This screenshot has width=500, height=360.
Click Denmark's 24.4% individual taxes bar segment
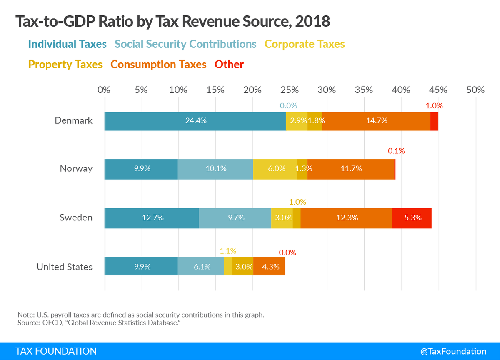tap(195, 121)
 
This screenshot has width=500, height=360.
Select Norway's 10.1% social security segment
tap(215, 169)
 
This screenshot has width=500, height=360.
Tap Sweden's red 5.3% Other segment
tap(412, 217)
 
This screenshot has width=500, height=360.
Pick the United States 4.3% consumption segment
tap(269, 266)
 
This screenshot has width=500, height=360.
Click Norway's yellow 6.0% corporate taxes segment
tap(275, 169)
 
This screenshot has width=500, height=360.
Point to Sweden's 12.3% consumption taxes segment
tap(346, 217)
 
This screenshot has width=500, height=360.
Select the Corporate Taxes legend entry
tap(305, 44)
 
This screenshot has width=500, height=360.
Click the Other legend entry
tap(229, 65)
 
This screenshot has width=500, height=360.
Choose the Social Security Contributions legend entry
tap(185, 44)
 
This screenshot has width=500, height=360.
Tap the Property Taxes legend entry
tap(65, 65)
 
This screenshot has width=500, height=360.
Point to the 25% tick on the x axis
tap(290, 90)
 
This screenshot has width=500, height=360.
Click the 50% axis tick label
tap(475, 90)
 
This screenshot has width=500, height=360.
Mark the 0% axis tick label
tap(104, 90)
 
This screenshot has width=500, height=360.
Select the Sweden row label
tap(76, 218)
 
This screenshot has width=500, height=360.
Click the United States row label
tap(65, 267)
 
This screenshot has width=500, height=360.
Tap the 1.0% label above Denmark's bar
tap(434, 106)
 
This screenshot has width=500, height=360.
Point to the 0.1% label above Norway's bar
tap(396, 151)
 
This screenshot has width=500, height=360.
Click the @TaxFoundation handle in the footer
tap(453, 351)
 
